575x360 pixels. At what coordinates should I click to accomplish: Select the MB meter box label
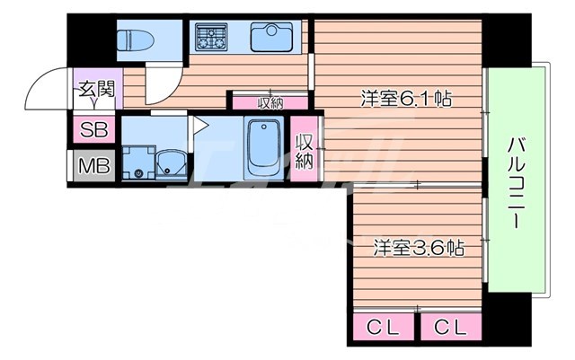(92, 166)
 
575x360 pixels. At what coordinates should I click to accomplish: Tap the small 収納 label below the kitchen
(270, 101)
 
